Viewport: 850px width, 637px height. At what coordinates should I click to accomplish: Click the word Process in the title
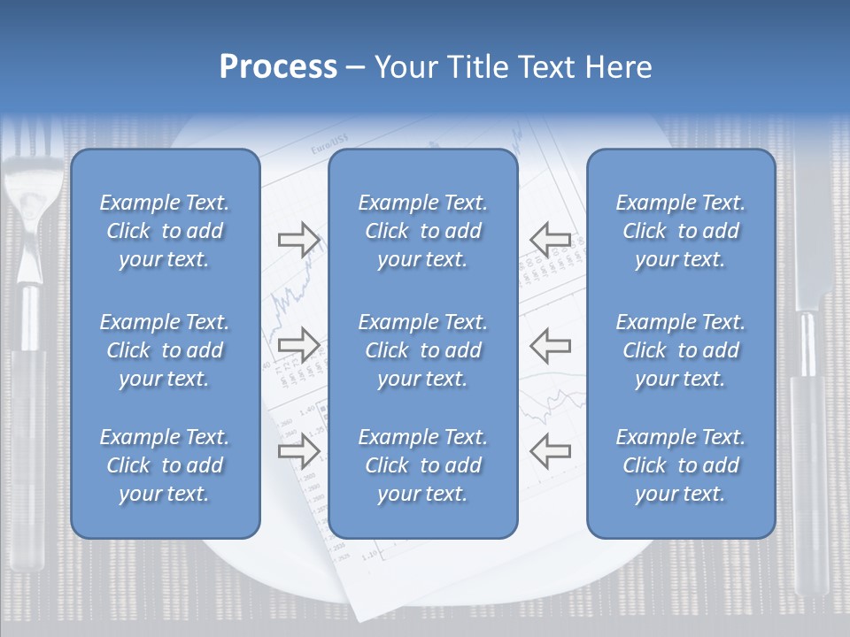pyautogui.click(x=278, y=67)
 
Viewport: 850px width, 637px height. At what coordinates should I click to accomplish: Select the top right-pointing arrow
pyautogui.click(x=298, y=239)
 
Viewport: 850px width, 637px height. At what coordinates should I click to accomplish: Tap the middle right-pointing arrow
pyautogui.click(x=298, y=344)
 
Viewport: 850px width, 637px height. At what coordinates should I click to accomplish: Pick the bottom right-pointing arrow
pyautogui.click(x=298, y=450)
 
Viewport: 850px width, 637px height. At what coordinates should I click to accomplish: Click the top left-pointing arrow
pyautogui.click(x=550, y=239)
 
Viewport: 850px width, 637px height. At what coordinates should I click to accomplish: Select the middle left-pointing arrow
pyautogui.click(x=550, y=344)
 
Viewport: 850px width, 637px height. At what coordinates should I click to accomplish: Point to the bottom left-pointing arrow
pyautogui.click(x=550, y=450)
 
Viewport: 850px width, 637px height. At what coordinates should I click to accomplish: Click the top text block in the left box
pyautogui.click(x=165, y=231)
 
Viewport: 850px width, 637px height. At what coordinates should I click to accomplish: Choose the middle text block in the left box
pyautogui.click(x=165, y=350)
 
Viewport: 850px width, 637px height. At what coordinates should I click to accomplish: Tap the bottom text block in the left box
pyautogui.click(x=165, y=465)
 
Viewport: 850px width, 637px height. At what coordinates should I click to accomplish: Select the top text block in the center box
pyautogui.click(x=422, y=231)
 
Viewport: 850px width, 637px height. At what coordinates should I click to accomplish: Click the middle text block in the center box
pyautogui.click(x=422, y=350)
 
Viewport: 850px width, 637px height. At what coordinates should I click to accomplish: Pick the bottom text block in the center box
pyautogui.click(x=422, y=465)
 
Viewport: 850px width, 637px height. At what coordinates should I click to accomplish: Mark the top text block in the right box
pyautogui.click(x=680, y=231)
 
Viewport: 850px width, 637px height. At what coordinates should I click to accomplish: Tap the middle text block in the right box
pyautogui.click(x=680, y=350)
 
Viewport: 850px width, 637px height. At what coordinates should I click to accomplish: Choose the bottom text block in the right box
pyautogui.click(x=680, y=465)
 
